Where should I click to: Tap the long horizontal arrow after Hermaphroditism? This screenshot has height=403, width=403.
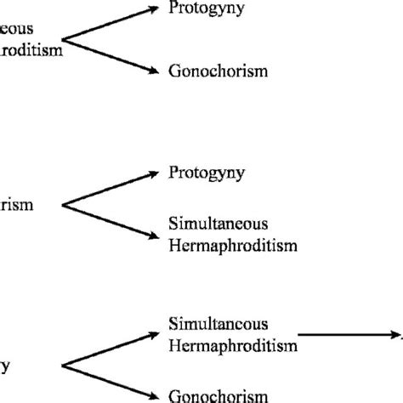[x=349, y=334]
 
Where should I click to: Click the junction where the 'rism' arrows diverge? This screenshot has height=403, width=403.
[x=66, y=205]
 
